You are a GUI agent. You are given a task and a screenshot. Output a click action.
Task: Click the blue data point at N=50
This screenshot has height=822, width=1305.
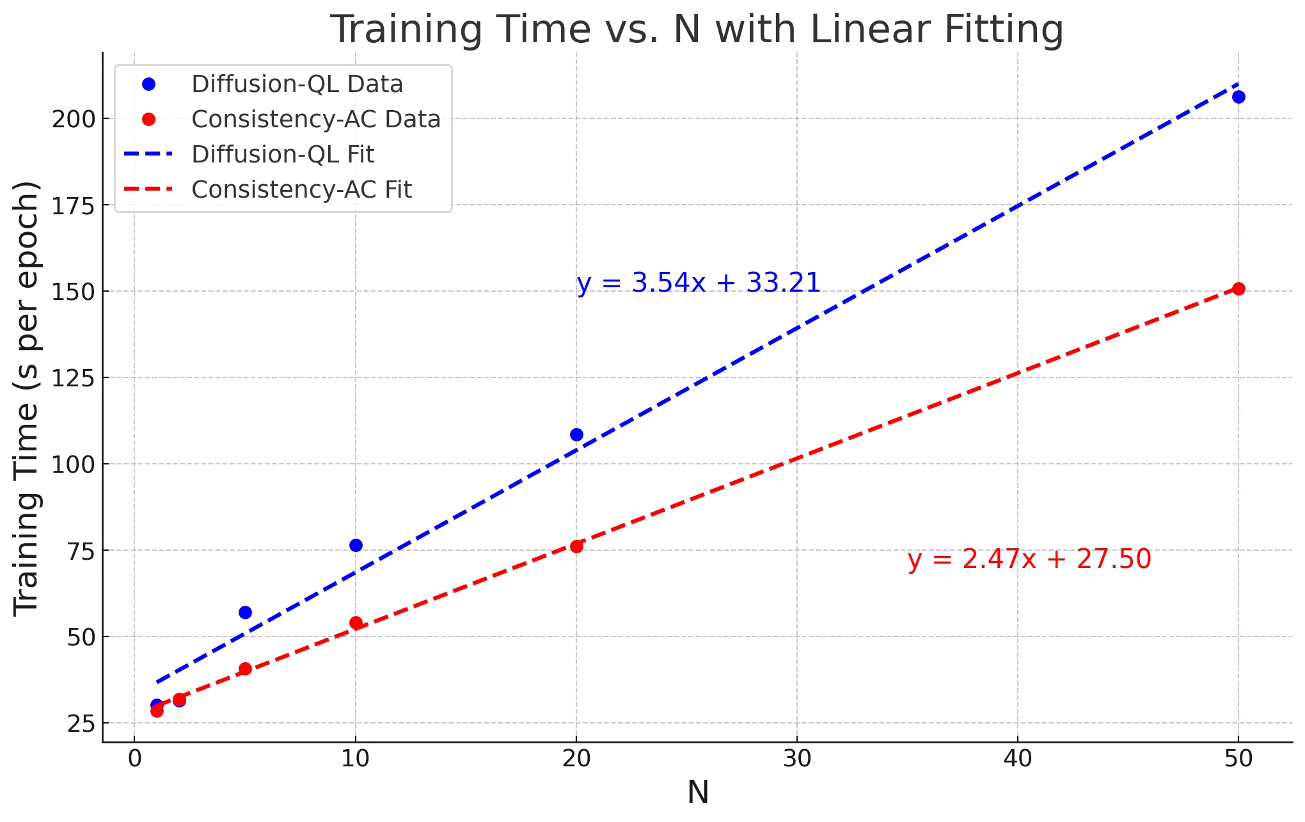(x=1238, y=97)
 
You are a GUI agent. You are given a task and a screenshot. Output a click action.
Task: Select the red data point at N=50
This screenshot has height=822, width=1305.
(x=1238, y=288)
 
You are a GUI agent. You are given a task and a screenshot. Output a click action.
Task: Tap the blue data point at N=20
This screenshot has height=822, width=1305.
(x=576, y=435)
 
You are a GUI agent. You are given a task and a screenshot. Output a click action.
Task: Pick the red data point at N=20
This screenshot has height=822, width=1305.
(x=576, y=546)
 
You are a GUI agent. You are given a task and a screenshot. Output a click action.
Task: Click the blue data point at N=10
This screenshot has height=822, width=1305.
(x=356, y=545)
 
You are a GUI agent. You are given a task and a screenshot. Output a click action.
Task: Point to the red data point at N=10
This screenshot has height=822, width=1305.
(x=356, y=623)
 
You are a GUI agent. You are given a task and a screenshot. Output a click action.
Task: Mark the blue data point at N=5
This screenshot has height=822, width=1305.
(x=245, y=612)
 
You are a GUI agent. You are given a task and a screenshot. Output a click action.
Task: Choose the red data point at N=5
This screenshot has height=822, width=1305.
(x=245, y=669)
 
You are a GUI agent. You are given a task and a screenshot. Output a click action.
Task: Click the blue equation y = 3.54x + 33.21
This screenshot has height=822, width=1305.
(x=699, y=283)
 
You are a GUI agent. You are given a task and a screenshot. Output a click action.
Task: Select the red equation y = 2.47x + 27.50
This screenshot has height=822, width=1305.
(x=1029, y=559)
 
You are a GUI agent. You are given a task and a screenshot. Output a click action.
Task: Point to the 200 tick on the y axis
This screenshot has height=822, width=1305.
(x=73, y=119)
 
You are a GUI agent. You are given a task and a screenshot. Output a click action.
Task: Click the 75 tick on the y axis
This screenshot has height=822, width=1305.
(x=81, y=551)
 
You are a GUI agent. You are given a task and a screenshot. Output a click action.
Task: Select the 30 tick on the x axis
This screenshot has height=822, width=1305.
(x=797, y=759)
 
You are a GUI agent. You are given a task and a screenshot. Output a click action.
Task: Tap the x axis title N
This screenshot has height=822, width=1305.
(x=698, y=793)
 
